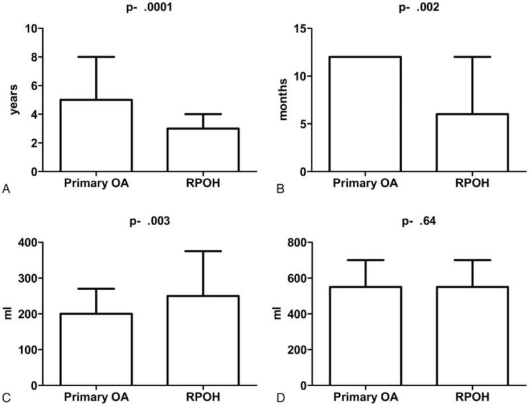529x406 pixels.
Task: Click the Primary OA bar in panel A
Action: (x=96, y=136)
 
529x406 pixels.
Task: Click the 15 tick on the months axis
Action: (x=302, y=28)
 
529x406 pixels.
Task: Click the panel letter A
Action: (x=6, y=190)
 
